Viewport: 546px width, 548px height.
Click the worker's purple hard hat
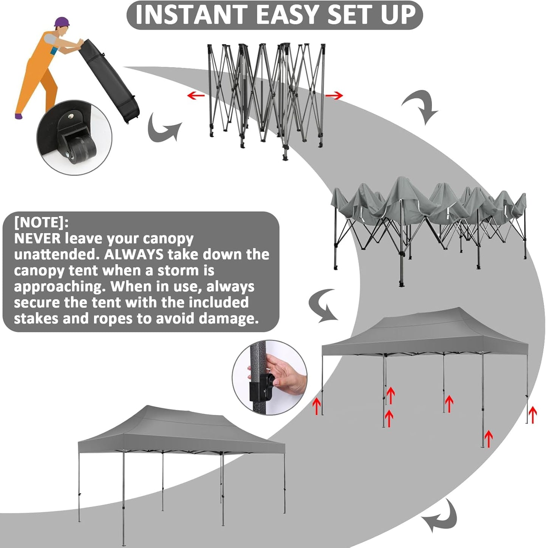click(x=62, y=22)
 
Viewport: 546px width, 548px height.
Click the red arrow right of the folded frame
click(x=334, y=96)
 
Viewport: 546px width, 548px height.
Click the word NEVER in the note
click(x=37, y=239)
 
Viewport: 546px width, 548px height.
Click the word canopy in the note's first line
click(x=168, y=239)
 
